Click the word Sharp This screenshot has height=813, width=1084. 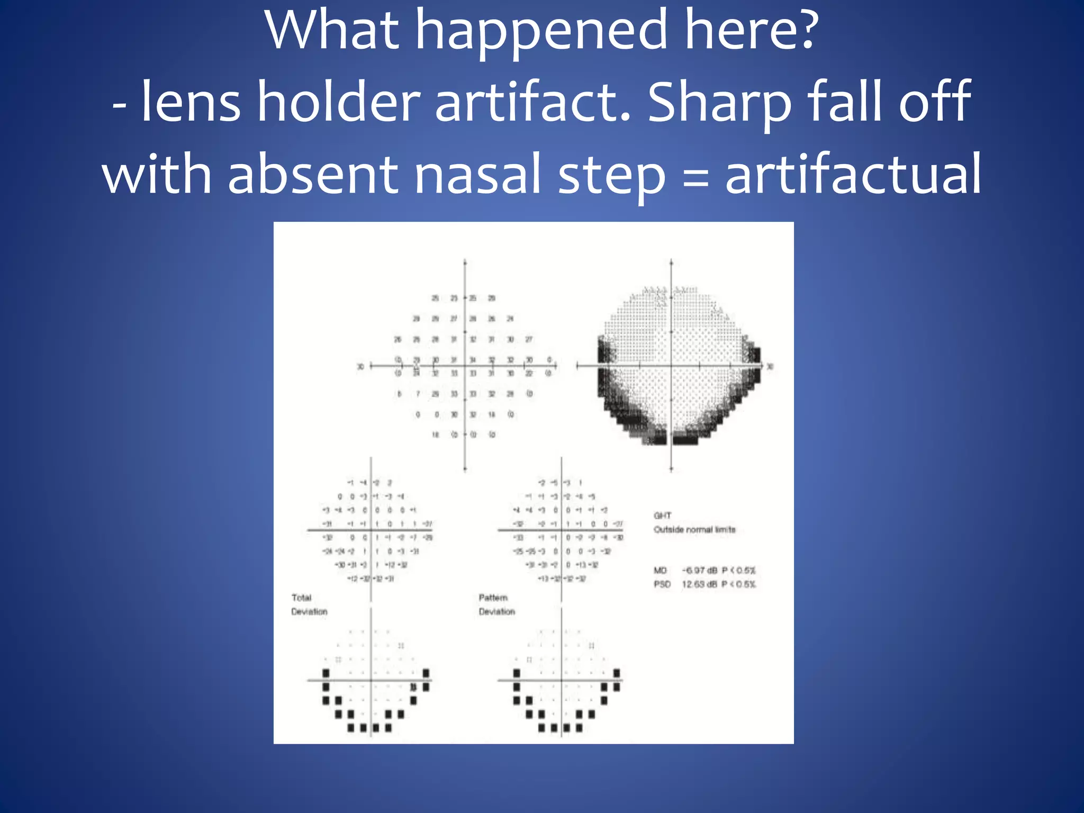click(719, 104)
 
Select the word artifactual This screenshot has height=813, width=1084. click(853, 174)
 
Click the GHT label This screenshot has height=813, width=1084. click(663, 515)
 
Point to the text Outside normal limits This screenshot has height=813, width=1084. click(694, 529)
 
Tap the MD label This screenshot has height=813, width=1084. click(660, 570)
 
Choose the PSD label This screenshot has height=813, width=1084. click(662, 584)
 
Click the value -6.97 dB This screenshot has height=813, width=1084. click(700, 570)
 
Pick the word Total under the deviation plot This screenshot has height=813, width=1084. click(302, 598)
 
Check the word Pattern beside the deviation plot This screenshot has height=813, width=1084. click(493, 598)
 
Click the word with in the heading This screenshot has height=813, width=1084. click(157, 174)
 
